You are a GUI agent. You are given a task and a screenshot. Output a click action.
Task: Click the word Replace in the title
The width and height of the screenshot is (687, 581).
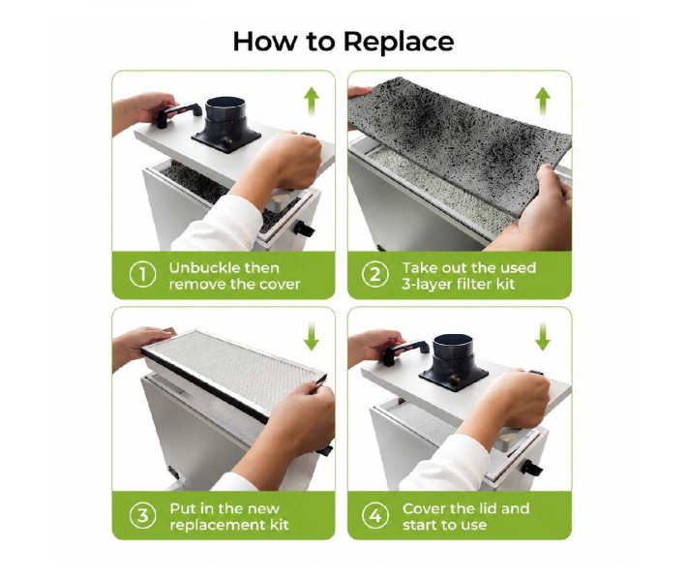[x=399, y=42]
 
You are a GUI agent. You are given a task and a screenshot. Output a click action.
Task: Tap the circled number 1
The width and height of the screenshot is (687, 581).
[x=143, y=275]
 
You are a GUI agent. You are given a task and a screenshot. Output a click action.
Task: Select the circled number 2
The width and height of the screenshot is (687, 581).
[x=375, y=275]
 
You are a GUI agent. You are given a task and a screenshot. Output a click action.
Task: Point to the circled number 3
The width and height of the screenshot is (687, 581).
[x=143, y=516]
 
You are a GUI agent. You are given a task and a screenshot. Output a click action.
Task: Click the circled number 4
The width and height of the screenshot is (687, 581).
[x=375, y=516]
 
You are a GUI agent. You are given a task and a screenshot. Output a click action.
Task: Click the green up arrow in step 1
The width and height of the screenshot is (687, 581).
[x=311, y=101]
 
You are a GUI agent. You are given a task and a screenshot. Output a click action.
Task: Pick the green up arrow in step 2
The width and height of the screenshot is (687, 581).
[x=543, y=101]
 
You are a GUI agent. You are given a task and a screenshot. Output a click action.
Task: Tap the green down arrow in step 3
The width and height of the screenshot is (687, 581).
[x=311, y=336]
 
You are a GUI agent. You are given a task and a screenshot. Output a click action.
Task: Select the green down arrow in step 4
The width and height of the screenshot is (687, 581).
[x=543, y=336]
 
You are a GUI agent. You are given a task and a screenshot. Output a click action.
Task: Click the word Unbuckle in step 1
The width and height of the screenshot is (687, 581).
[x=200, y=267]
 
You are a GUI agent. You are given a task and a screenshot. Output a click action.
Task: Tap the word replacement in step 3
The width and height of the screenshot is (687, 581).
[x=213, y=525]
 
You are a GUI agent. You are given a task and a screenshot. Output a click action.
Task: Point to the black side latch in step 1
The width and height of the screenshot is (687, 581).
[x=304, y=228]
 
